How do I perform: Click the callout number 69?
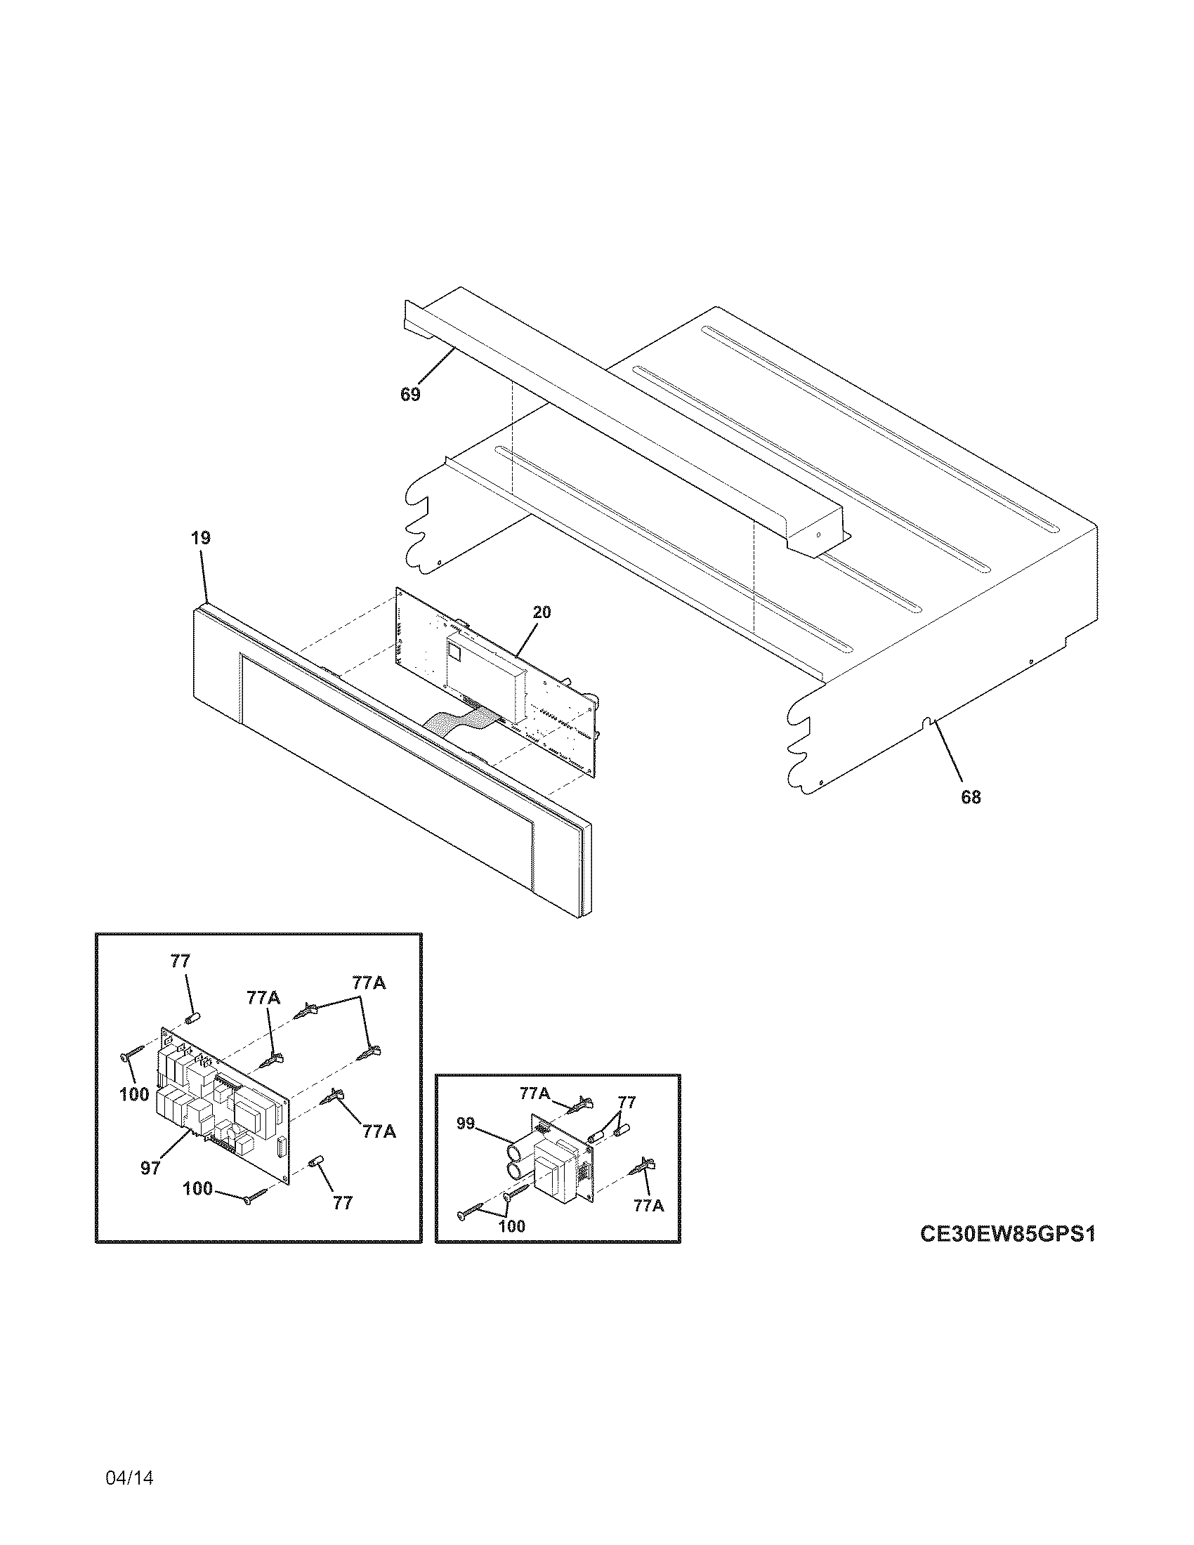[410, 395]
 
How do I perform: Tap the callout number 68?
[971, 797]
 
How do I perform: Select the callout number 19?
[200, 538]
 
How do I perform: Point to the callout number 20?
[542, 612]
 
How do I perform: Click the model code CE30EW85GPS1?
[1007, 1234]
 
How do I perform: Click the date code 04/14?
[129, 1458]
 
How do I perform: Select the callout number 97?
[150, 1169]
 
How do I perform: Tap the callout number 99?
[465, 1123]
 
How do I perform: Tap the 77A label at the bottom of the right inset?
[649, 1206]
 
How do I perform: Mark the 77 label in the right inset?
[626, 1102]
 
